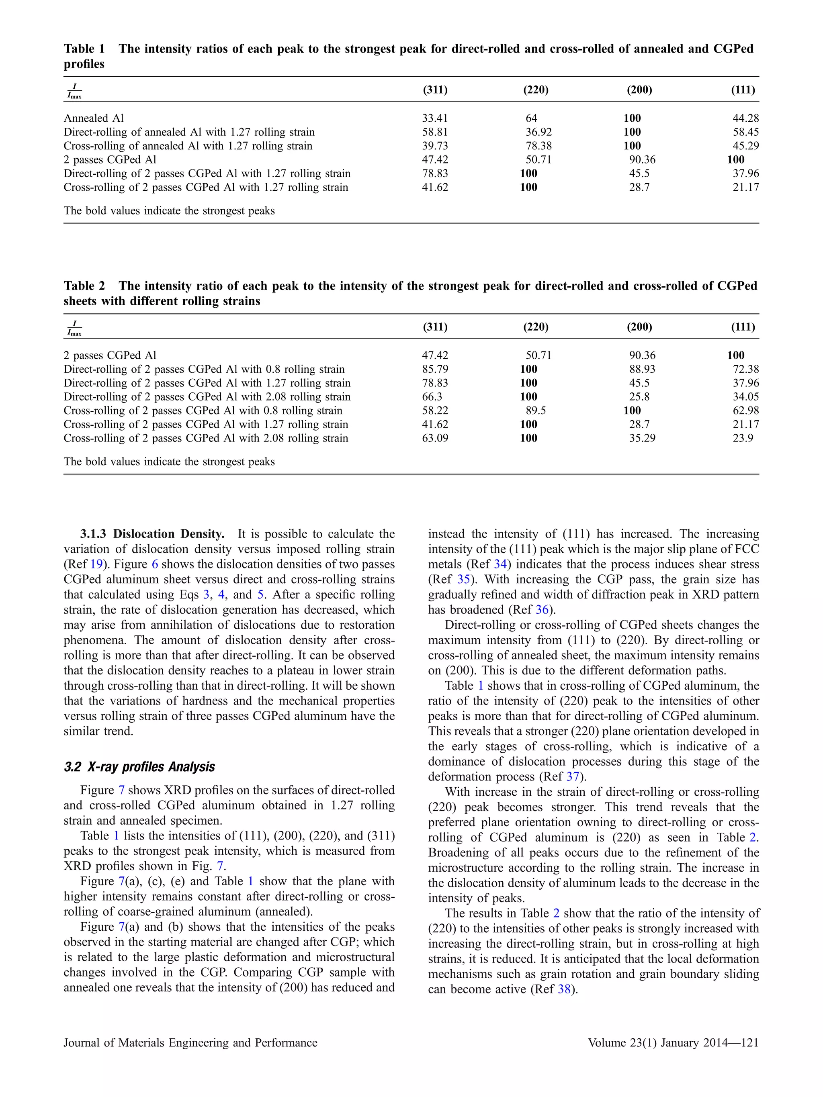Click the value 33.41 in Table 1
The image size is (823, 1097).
coord(434,118)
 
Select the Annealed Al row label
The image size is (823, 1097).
coord(93,118)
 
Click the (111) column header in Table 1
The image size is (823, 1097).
coord(743,90)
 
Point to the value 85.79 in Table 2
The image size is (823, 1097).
coord(434,369)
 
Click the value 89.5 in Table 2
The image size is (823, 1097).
coord(535,411)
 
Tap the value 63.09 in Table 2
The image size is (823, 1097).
coord(434,438)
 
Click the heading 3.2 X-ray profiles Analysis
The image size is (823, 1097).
coord(139,767)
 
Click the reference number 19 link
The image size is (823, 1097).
coord(96,564)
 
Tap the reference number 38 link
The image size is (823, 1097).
coord(564,989)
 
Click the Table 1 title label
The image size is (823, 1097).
coord(84,49)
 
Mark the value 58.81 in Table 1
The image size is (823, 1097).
coord(434,132)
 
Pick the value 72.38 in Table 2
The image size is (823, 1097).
coord(745,369)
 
